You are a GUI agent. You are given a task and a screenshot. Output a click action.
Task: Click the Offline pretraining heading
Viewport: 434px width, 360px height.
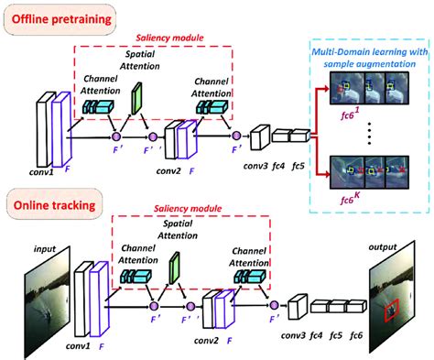pos(61,19)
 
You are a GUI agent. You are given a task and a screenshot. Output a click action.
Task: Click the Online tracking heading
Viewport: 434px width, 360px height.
pos(55,205)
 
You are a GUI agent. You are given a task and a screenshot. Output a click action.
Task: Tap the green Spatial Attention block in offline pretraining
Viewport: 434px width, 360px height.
pos(136,98)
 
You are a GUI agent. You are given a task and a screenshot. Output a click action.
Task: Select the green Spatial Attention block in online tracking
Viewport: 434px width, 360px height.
pos(175,267)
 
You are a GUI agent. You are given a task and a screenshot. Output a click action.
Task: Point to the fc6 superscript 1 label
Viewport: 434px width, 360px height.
pos(350,115)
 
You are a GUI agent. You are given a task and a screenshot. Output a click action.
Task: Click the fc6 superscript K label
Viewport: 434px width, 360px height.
pos(350,199)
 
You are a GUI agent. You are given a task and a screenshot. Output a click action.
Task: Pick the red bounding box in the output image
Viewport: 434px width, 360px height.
pos(392,310)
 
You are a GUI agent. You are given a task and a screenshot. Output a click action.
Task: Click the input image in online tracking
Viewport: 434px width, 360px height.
pos(47,303)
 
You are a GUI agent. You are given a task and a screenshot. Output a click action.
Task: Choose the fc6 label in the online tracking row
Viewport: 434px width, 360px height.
pos(356,335)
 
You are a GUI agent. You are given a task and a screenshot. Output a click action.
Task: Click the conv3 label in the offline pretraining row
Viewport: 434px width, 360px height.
pos(255,166)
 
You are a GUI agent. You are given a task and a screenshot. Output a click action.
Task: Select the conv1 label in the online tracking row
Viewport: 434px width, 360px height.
pos(78,346)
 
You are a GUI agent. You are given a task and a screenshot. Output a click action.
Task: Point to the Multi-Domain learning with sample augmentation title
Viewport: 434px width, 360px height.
pos(370,58)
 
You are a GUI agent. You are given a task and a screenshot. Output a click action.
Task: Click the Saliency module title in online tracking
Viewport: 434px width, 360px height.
pos(188,209)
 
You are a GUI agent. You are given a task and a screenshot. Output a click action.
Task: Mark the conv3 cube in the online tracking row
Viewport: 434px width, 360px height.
pos(297,307)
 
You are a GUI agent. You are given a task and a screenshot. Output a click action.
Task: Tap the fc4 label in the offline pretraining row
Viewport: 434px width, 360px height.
pos(278,166)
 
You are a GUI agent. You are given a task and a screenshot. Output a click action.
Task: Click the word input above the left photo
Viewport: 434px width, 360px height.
pos(45,249)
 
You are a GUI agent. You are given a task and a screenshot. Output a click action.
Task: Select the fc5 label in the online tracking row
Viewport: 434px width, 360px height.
pos(336,335)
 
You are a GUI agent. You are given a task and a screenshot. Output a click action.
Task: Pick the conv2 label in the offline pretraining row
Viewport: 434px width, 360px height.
pos(168,171)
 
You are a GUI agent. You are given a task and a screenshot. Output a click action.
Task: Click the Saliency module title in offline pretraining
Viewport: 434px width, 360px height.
pos(169,38)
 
